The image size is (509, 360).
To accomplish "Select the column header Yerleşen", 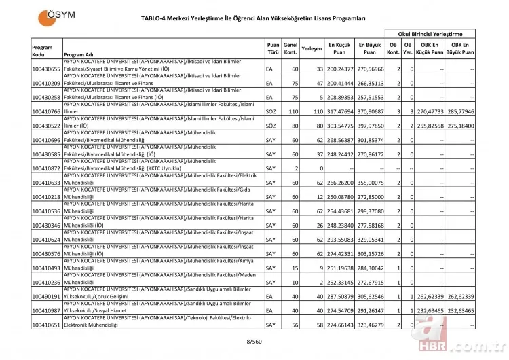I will tap(311, 49).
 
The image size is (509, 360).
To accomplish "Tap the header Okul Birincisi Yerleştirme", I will tap(429, 33).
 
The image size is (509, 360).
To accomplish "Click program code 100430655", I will tap(46, 69).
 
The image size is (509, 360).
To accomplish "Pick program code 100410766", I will tap(46, 111).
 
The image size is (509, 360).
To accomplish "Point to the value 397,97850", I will tap(369, 126).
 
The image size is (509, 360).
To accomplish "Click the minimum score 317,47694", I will tap(341, 111).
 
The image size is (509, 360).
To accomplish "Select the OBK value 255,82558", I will tap(430, 126).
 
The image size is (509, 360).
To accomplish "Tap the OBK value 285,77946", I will tap(460, 111).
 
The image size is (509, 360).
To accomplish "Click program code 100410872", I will tap(46, 168).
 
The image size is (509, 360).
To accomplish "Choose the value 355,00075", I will tap(369, 182).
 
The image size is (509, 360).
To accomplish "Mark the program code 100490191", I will tap(46, 297).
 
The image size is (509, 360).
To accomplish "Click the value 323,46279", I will tap(369, 325).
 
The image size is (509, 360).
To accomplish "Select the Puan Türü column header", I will tap(273, 49).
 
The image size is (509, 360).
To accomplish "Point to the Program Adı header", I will tap(79, 55).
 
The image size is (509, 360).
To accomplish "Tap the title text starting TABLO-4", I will tap(254, 20).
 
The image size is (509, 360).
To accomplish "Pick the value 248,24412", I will tap(341, 154).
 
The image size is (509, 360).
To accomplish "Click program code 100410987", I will tap(46, 311).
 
